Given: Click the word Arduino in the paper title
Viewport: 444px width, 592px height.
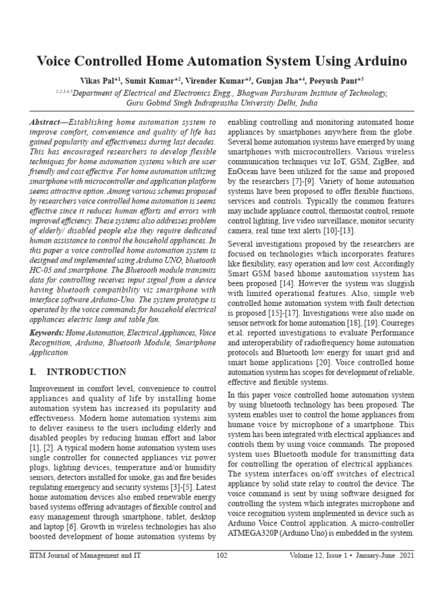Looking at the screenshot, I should click(x=376, y=61).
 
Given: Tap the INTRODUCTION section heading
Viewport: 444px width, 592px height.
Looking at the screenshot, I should click(x=86, y=372).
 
